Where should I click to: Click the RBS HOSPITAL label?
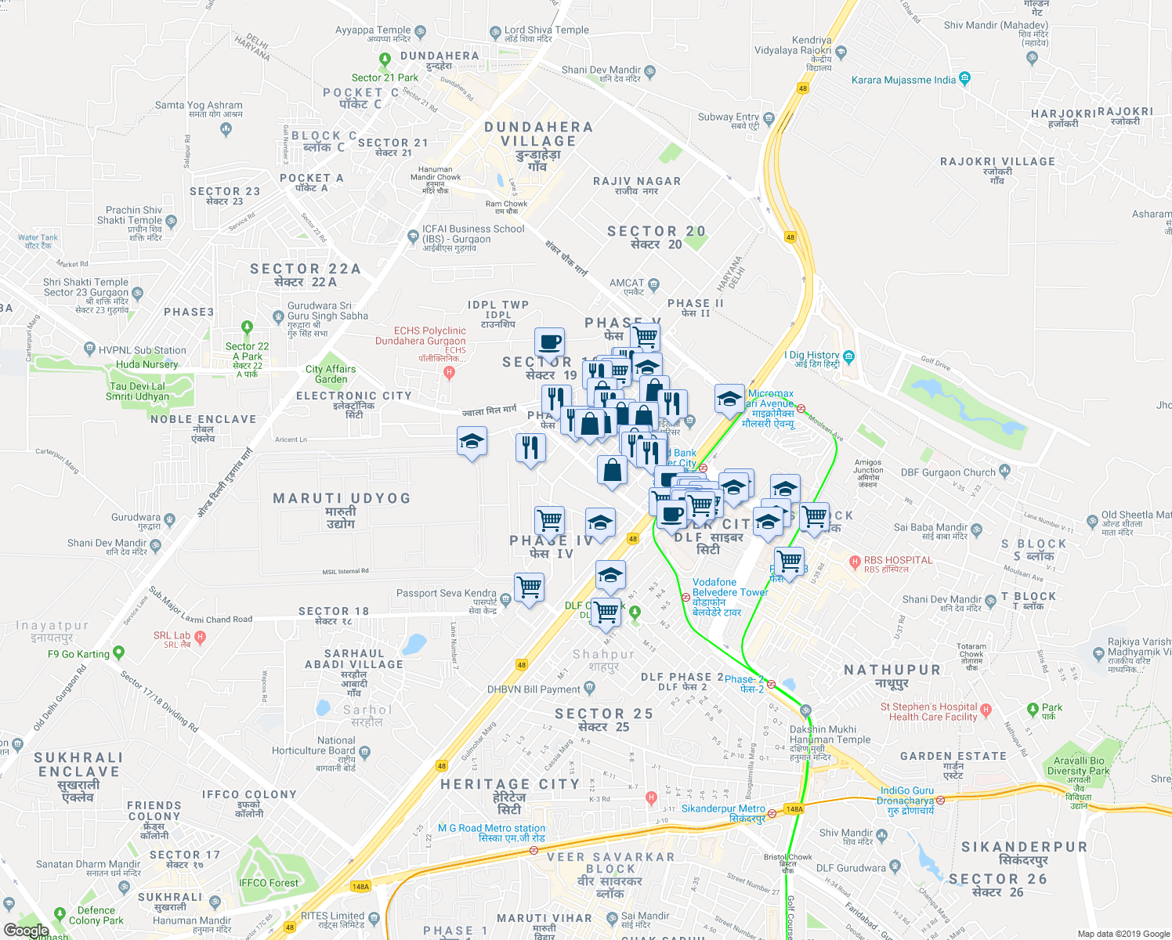coord(898,560)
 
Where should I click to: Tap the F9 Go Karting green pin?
coord(118,652)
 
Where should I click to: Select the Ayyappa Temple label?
coord(373,31)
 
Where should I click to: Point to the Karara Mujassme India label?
coord(903,80)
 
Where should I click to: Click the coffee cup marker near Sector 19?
coord(550,343)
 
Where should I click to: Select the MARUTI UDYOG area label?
coord(342,498)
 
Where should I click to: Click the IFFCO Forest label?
coord(269,883)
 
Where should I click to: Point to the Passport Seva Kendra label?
coord(446,593)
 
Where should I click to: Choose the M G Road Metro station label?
coord(491,828)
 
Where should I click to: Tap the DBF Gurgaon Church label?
coord(948,472)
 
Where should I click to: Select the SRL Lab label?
coord(172,636)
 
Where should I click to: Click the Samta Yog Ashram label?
coord(199,105)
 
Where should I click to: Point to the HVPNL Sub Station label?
coord(142,350)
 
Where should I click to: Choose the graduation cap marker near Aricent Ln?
coord(472,443)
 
